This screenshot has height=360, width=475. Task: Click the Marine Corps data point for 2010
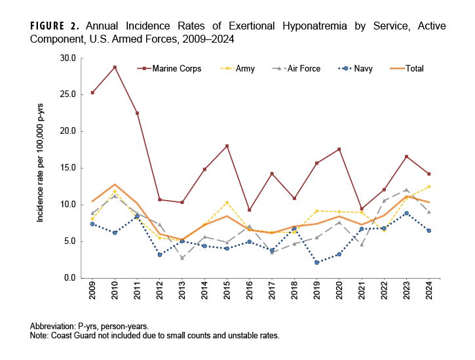click(x=115, y=67)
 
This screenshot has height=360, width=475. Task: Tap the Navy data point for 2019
click(x=316, y=262)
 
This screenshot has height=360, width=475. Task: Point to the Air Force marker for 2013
click(x=181, y=258)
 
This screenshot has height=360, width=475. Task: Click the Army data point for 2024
click(x=428, y=186)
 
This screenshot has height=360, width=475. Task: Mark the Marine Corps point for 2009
click(x=92, y=92)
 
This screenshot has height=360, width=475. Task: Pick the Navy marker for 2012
click(x=159, y=254)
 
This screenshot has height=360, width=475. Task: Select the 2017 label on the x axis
click(x=271, y=294)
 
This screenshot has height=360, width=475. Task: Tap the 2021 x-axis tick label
click(x=361, y=294)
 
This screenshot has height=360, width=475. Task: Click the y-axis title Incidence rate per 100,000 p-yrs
click(x=40, y=167)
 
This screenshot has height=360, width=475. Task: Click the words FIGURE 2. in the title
click(x=55, y=27)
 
